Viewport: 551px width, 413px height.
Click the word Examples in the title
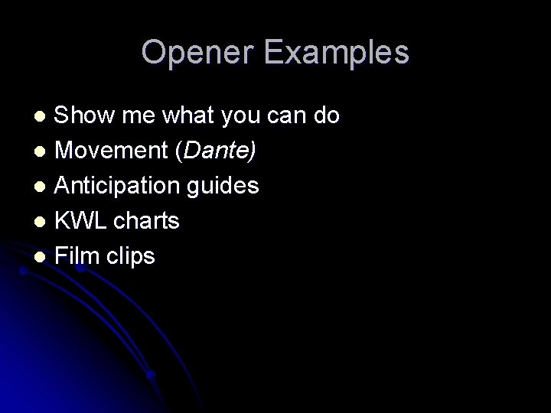click(x=338, y=53)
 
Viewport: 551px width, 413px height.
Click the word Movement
click(x=113, y=151)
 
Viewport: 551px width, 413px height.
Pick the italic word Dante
click(x=217, y=151)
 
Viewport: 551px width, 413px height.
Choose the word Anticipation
click(x=123, y=186)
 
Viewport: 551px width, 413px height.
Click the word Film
click(x=78, y=256)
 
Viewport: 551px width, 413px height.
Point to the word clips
click(x=131, y=256)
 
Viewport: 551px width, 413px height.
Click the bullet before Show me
click(x=44, y=117)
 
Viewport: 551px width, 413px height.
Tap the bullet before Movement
click(x=44, y=152)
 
